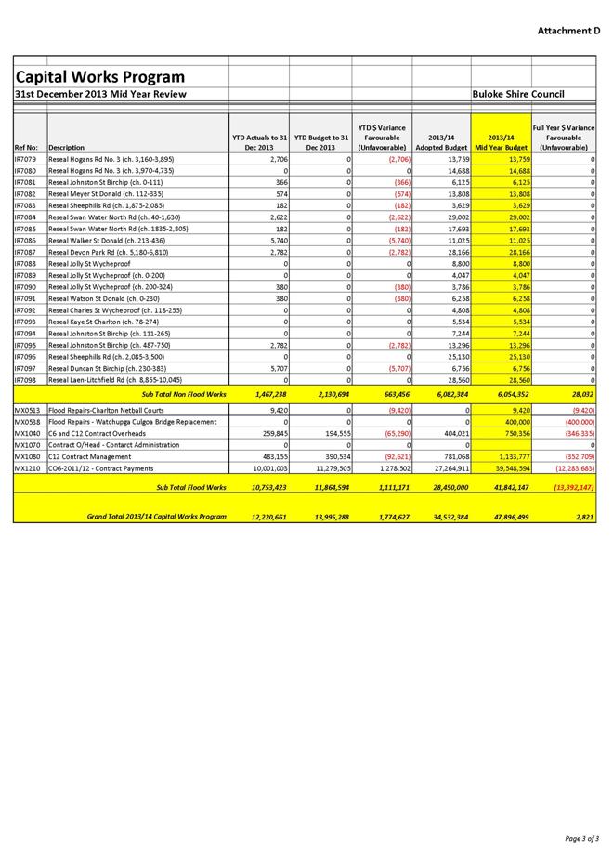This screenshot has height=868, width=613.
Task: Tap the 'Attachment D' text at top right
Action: click(x=568, y=31)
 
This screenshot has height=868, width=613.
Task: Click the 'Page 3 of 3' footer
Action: click(x=581, y=838)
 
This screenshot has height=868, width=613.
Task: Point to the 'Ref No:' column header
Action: click(x=27, y=148)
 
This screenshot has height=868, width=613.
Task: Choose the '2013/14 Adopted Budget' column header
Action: click(x=441, y=142)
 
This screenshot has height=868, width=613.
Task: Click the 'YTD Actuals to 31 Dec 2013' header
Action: click(x=259, y=142)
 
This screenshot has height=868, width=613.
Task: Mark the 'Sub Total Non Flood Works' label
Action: click(x=191, y=395)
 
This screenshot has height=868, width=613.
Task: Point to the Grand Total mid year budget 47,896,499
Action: click(x=503, y=516)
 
